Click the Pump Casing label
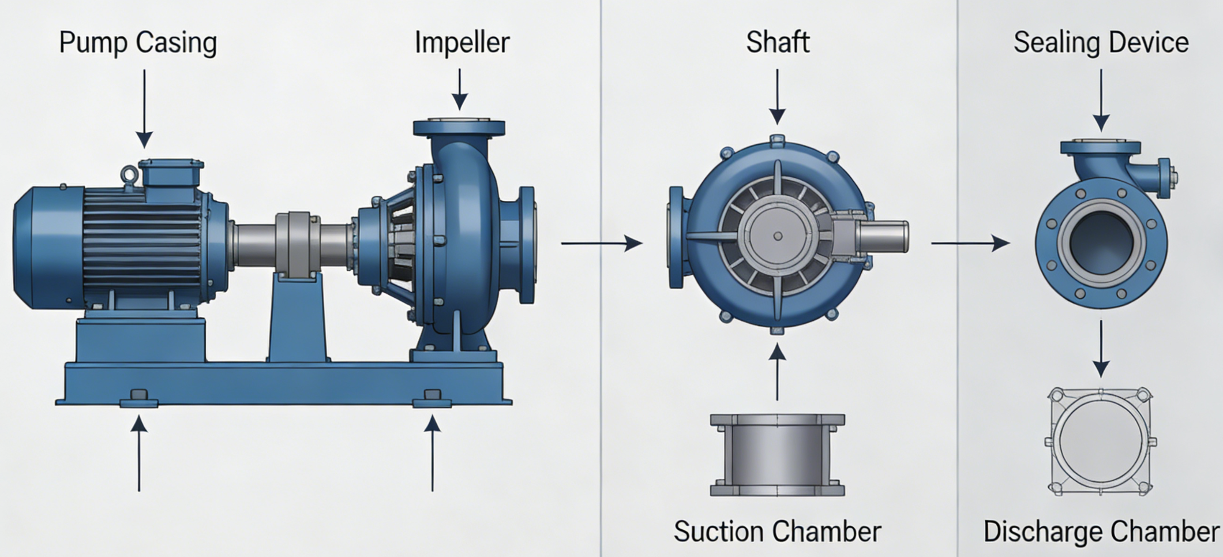(x=138, y=43)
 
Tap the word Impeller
(x=462, y=43)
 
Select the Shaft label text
(x=777, y=42)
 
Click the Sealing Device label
(x=1101, y=43)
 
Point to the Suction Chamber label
(x=777, y=532)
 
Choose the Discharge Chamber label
(x=1101, y=532)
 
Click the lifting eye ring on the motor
(x=129, y=174)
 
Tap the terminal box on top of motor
(x=171, y=173)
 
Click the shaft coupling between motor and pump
(x=297, y=242)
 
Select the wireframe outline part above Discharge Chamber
(x=1101, y=442)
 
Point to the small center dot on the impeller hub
(x=778, y=236)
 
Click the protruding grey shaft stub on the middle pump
(x=883, y=237)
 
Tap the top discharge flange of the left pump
(x=459, y=127)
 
